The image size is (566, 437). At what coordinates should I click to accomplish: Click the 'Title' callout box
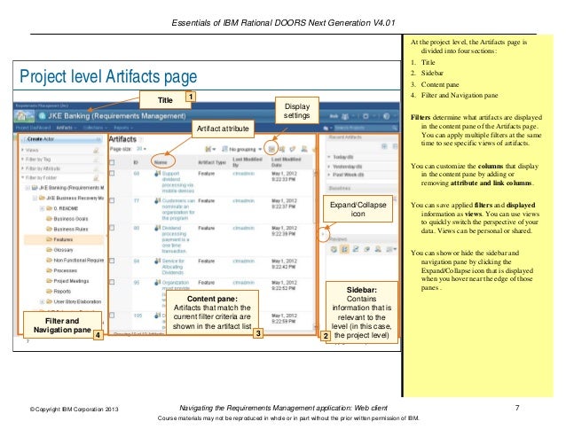click(x=165, y=99)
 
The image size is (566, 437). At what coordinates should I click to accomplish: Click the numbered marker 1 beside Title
click(x=190, y=94)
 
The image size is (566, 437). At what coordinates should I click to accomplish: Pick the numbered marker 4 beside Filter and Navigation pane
click(x=98, y=335)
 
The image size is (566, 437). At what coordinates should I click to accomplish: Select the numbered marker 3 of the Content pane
click(x=257, y=334)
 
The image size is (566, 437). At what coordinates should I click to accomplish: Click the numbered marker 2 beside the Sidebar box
click(x=326, y=336)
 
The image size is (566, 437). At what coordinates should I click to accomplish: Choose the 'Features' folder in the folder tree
click(x=63, y=239)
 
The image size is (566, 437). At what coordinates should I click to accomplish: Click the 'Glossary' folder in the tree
click(x=63, y=250)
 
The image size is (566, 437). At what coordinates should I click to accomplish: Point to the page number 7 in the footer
click(x=516, y=407)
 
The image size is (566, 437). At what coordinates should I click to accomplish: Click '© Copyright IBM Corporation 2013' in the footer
click(x=74, y=409)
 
